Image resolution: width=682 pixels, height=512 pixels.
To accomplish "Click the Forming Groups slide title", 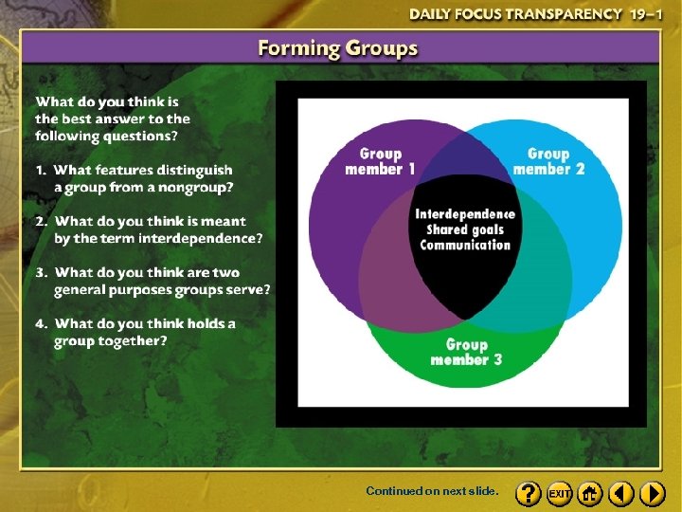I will pyautogui.click(x=338, y=48).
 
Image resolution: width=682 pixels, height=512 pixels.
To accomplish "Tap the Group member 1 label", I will pyautogui.click(x=380, y=161).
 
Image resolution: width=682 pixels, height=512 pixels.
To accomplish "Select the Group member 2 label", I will pyautogui.click(x=548, y=161).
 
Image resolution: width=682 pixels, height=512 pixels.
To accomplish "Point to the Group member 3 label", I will pyautogui.click(x=466, y=352).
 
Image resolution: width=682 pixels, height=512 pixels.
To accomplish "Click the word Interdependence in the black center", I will pyautogui.click(x=465, y=214).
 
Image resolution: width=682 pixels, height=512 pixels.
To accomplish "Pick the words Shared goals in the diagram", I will pyautogui.click(x=465, y=229).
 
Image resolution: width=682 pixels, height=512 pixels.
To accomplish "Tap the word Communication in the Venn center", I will pyautogui.click(x=465, y=245).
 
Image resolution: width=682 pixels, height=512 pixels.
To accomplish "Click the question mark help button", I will pyautogui.click(x=529, y=493).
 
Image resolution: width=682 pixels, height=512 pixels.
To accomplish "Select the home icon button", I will pyautogui.click(x=590, y=493).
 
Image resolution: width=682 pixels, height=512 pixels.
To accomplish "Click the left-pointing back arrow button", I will pyautogui.click(x=621, y=493).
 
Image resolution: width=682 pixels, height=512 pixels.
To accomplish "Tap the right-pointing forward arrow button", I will pyautogui.click(x=653, y=493).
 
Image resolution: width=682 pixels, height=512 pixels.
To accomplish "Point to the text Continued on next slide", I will pyautogui.click(x=431, y=492).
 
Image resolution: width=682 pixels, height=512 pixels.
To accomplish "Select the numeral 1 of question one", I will pyautogui.click(x=41, y=170).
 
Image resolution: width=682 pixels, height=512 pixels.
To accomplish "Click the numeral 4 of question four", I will pyautogui.click(x=41, y=323).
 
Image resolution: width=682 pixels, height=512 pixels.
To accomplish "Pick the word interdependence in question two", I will pyautogui.click(x=200, y=238).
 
